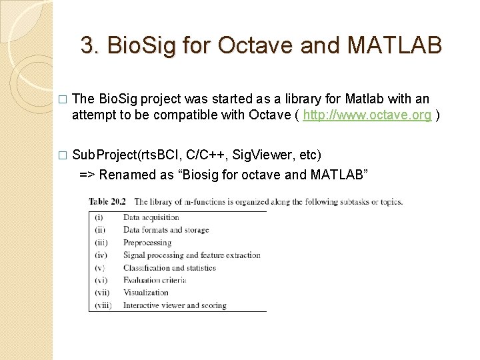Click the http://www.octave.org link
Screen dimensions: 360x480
[x=368, y=115]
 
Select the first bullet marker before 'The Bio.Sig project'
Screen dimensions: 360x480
[x=62, y=99]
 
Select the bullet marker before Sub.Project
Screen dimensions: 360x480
[x=62, y=155]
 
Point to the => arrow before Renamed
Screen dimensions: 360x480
[x=87, y=175]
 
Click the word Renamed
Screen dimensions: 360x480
[x=127, y=175]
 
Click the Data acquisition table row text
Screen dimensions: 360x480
[x=151, y=217]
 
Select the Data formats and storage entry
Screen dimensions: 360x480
[x=165, y=230]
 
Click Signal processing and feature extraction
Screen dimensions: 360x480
[x=191, y=255]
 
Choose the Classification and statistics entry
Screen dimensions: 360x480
[x=169, y=268]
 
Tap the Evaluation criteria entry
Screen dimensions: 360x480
[x=154, y=280]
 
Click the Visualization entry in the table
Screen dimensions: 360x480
[x=145, y=293]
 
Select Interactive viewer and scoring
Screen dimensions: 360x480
[x=175, y=305]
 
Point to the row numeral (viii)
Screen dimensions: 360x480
[x=103, y=305]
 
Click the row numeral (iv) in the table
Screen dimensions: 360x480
[x=101, y=255]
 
